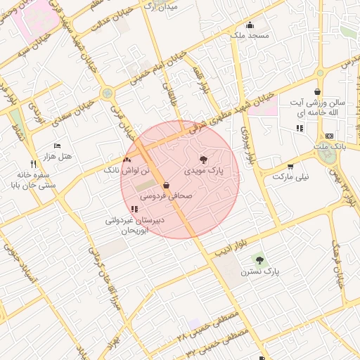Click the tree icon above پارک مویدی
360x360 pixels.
[204, 160]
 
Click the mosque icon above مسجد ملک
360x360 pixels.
[250, 32]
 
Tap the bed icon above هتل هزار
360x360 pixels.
[57, 145]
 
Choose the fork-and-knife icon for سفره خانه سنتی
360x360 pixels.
[33, 164]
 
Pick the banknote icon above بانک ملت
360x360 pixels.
[330, 136]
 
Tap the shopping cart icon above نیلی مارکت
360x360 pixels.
[290, 167]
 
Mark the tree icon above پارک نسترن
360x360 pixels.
[259, 260]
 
